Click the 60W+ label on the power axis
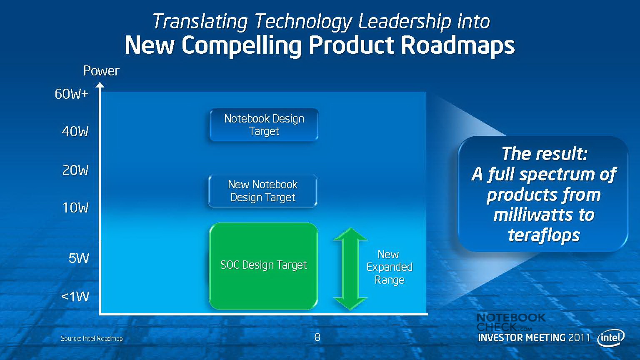(71, 94)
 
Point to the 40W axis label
(75, 132)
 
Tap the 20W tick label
(75, 170)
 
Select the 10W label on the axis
(75, 208)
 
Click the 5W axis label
(79, 258)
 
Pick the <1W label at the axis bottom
(75, 297)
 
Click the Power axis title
(101, 71)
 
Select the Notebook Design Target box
(264, 125)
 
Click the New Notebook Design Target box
(263, 191)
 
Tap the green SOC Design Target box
(263, 266)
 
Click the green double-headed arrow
(350, 269)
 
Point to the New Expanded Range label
(390, 267)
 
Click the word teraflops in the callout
(544, 235)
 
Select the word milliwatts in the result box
(530, 215)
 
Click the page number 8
(317, 338)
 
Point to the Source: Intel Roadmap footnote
(92, 339)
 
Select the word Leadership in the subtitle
(404, 22)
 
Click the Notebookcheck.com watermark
(511, 322)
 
